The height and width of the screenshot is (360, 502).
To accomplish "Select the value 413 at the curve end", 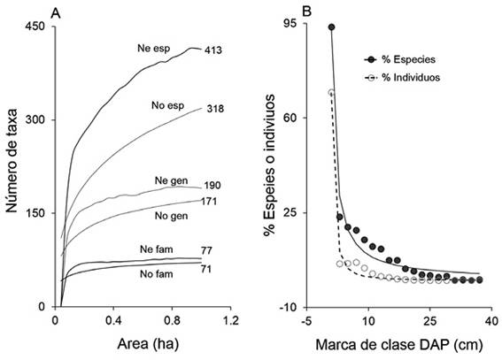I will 212,50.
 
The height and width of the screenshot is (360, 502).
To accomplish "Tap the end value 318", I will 212,109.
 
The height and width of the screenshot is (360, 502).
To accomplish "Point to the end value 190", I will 212,186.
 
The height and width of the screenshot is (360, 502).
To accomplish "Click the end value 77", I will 210,252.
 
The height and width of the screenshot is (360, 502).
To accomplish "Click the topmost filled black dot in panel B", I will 331,27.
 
